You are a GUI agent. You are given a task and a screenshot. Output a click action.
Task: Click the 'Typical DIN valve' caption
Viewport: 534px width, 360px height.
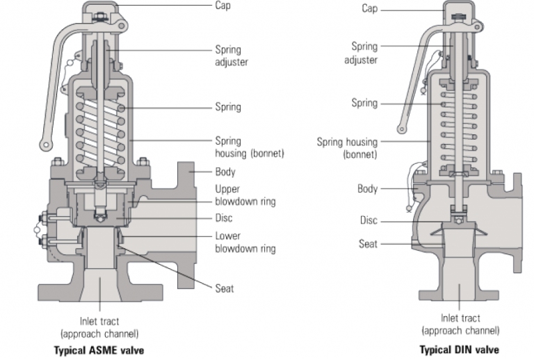[x=459, y=350]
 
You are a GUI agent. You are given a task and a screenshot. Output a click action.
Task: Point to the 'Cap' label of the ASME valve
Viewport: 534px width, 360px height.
[x=223, y=6]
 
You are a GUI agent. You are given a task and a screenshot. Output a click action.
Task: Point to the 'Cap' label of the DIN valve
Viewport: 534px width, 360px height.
[x=370, y=8]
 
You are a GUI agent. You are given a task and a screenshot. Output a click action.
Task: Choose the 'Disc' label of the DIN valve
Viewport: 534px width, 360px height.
[x=369, y=220]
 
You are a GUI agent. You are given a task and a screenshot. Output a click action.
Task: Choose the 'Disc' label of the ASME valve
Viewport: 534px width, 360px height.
[x=224, y=218]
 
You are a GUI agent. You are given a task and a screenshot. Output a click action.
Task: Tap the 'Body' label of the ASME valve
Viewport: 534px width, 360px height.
[x=225, y=171]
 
